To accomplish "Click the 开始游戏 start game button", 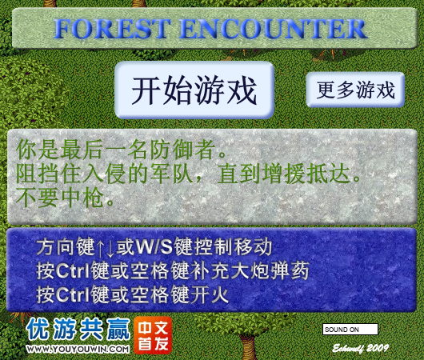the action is coord(194,90).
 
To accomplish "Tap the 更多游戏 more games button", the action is coord(355,90).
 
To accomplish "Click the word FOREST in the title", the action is coord(112,29).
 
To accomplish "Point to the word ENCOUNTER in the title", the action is coord(273,29).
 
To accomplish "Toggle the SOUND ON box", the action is coord(350,330).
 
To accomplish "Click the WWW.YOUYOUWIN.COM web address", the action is coord(78,349).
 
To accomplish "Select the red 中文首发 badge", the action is coord(153,335).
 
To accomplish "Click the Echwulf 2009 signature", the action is coord(361,348).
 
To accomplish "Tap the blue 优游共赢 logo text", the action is coord(78,329).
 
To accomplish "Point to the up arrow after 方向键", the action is coord(100,248).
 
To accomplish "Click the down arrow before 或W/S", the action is coord(110,248).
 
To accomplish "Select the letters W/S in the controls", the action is coord(154,247).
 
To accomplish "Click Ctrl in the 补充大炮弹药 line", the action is coord(73,270).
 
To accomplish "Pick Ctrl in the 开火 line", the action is coord(73,294).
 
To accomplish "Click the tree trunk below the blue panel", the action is coord(248,346).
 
